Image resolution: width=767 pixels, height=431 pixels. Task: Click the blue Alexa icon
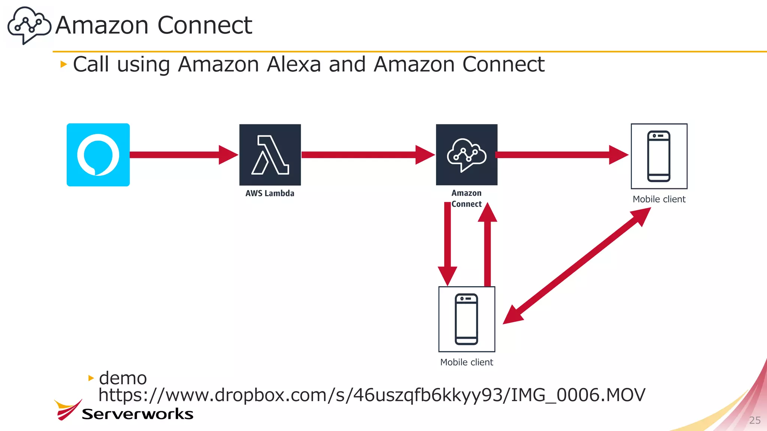pos(98,155)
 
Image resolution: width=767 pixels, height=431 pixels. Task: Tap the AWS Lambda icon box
pos(270,155)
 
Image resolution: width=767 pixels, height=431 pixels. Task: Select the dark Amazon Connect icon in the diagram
pos(467,155)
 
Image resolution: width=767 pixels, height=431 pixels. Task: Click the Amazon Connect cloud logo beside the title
pos(29,25)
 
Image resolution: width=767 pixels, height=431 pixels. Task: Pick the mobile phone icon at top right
pos(659,156)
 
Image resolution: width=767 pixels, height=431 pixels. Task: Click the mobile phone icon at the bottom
pos(467,319)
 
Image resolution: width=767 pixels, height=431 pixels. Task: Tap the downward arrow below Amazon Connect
pos(448,243)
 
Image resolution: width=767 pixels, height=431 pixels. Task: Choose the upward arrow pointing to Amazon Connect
pos(487,247)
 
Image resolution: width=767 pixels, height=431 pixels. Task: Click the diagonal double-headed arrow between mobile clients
pos(577,266)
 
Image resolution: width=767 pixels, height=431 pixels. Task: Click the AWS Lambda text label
pos(270,193)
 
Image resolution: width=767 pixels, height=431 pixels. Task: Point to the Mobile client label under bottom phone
pos(467,362)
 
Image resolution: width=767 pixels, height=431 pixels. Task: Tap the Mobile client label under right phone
pos(659,199)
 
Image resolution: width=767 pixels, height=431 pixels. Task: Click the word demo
pos(123,378)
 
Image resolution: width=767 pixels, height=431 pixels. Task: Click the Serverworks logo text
pos(137,414)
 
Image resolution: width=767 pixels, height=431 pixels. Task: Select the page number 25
pos(755,420)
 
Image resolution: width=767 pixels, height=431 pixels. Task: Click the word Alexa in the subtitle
pos(294,64)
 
